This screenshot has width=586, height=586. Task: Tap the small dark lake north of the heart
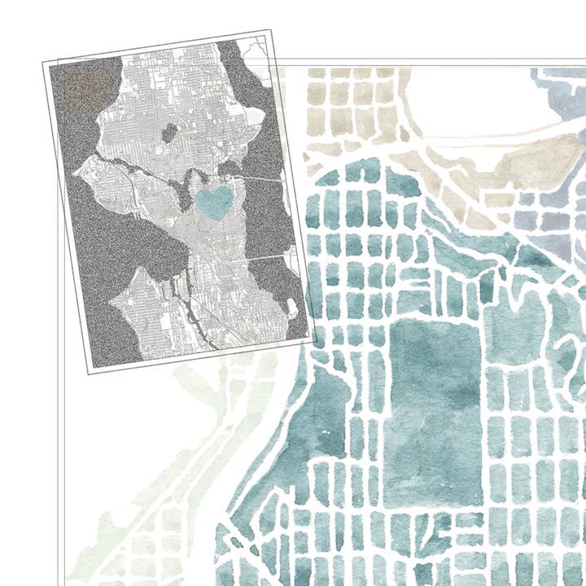click(169, 131)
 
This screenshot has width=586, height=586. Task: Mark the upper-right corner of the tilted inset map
click(268, 32)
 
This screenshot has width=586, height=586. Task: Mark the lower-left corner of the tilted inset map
click(89, 373)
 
